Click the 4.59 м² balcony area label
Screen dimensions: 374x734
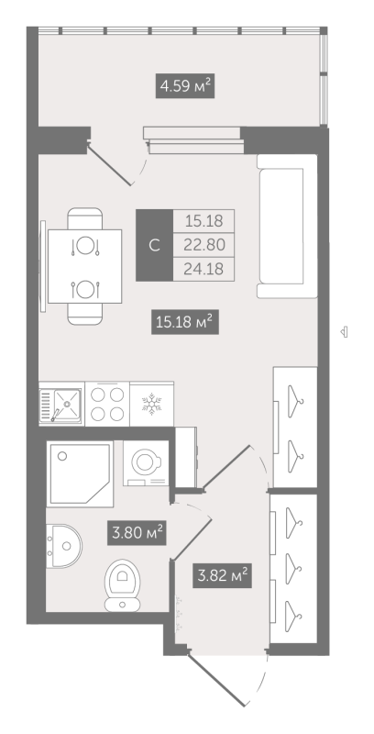click(185, 85)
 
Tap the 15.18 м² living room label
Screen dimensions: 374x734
click(185, 323)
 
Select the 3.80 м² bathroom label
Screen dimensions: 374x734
click(137, 533)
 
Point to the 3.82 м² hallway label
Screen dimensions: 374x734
click(223, 575)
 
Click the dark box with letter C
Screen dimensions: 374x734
click(154, 245)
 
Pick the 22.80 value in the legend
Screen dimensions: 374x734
click(203, 244)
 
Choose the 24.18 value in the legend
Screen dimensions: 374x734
click(203, 269)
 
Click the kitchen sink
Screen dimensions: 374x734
click(61, 404)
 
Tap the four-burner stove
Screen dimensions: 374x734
click(107, 404)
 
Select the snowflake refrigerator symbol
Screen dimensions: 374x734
click(151, 404)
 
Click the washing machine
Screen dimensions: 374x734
click(147, 463)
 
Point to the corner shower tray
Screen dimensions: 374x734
click(80, 473)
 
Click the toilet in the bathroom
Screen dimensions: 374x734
click(123, 585)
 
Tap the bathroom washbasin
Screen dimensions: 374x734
click(64, 546)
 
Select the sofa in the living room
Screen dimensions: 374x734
click(287, 226)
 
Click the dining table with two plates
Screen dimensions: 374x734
click(84, 266)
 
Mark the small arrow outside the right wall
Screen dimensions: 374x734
click(344, 332)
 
